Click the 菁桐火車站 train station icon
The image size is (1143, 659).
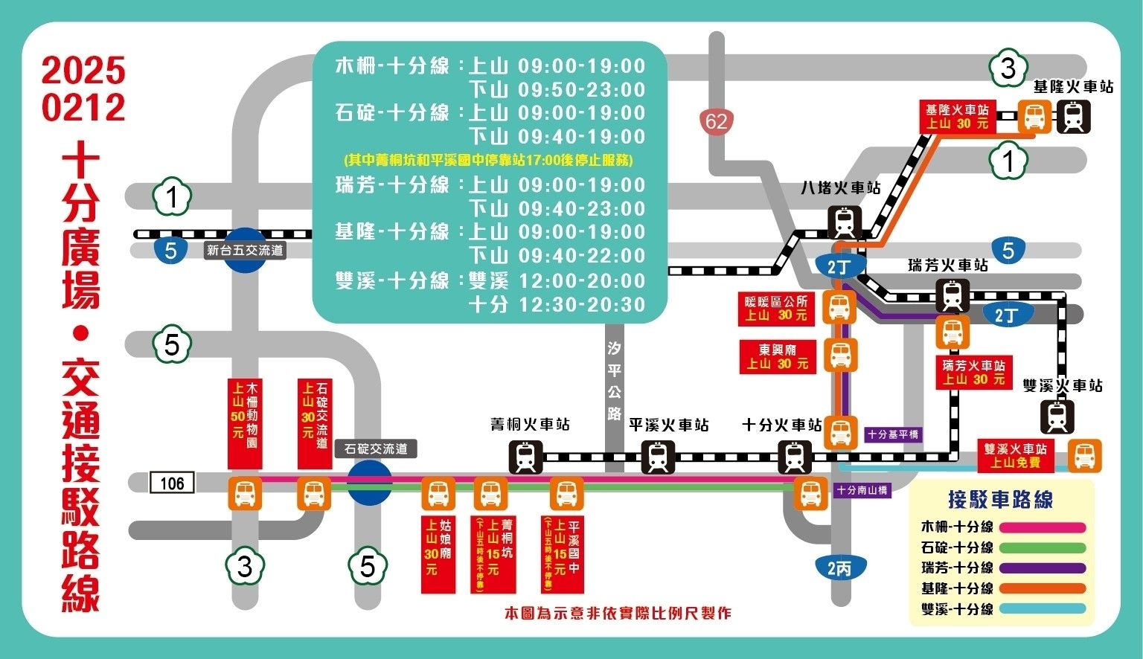526,457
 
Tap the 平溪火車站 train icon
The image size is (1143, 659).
658,457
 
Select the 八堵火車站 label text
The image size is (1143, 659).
840,187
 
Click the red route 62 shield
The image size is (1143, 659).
717,120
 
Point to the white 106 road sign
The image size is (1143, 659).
172,483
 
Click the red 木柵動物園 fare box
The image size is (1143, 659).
245,423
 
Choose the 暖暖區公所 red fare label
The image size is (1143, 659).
776,308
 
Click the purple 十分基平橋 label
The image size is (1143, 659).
893,434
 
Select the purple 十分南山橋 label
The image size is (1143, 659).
862,491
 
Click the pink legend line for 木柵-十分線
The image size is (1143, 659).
1043,528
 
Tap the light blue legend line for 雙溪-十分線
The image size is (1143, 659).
1043,609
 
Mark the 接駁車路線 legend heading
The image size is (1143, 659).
1000,499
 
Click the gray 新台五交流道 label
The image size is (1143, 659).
246,251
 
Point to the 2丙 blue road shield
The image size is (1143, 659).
839,569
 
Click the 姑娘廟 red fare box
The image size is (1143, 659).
438,553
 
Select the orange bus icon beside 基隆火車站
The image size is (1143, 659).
1034,117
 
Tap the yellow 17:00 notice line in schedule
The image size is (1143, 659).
488,160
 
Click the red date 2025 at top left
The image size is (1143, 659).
83,71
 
